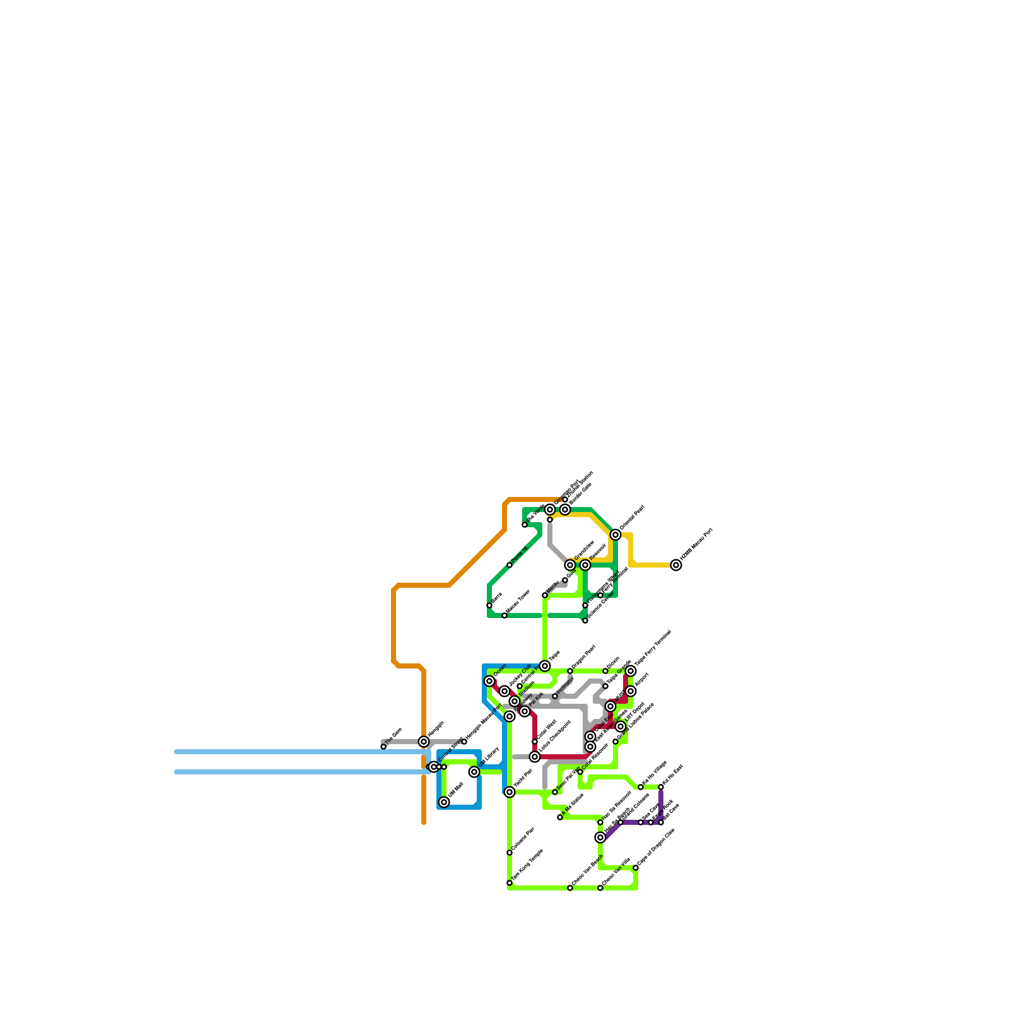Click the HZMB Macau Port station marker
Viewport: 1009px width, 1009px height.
(x=676, y=565)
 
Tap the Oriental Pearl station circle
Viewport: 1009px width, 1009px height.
(x=615, y=535)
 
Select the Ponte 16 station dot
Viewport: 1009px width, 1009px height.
(x=510, y=565)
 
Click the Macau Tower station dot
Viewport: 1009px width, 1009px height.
(x=504, y=615)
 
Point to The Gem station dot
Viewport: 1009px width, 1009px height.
(x=383, y=747)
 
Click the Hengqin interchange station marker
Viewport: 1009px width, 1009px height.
(x=424, y=742)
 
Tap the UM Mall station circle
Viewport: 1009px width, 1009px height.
(x=444, y=802)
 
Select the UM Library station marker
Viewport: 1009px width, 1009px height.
(x=474, y=772)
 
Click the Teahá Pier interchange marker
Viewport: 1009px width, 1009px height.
(x=510, y=792)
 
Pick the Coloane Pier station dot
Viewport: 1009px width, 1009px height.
(x=510, y=853)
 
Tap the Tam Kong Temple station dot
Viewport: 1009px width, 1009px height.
(x=510, y=883)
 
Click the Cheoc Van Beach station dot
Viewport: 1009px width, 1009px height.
(x=570, y=888)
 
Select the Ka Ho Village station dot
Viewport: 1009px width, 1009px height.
(x=641, y=787)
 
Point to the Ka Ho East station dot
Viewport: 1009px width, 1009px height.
(x=661, y=787)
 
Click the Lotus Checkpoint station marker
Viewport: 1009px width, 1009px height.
(x=535, y=757)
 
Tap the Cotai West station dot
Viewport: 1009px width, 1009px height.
(x=535, y=742)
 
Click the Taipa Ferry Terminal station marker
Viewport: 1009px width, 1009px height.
(x=631, y=671)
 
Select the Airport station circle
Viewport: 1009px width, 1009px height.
(x=631, y=691)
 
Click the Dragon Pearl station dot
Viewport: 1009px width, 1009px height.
(x=570, y=671)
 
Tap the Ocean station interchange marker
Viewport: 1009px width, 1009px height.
(x=489, y=681)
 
